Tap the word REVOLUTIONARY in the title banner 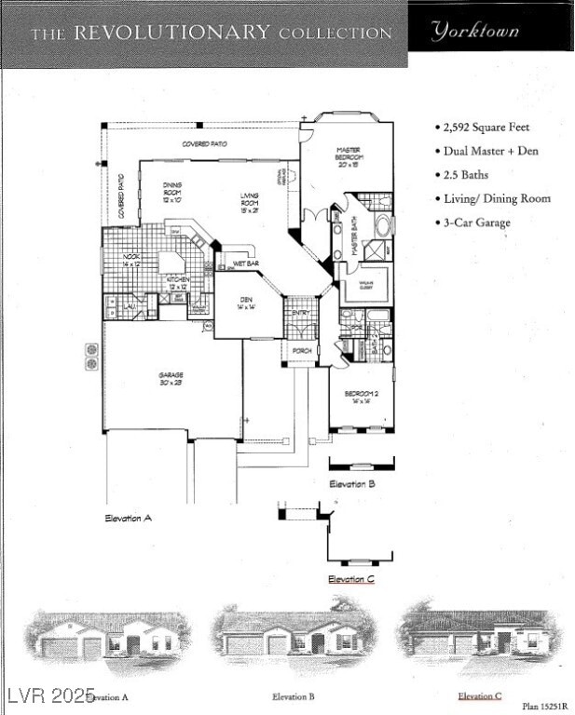[x=170, y=33]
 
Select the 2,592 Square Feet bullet [x=484, y=127]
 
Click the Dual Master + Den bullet [x=490, y=151]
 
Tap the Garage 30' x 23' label [x=171, y=379]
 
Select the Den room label [x=245, y=303]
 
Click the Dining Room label [x=172, y=190]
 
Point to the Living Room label [x=249, y=198]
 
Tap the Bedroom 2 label [x=361, y=398]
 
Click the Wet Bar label [x=246, y=263]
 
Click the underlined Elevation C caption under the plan [x=351, y=579]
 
